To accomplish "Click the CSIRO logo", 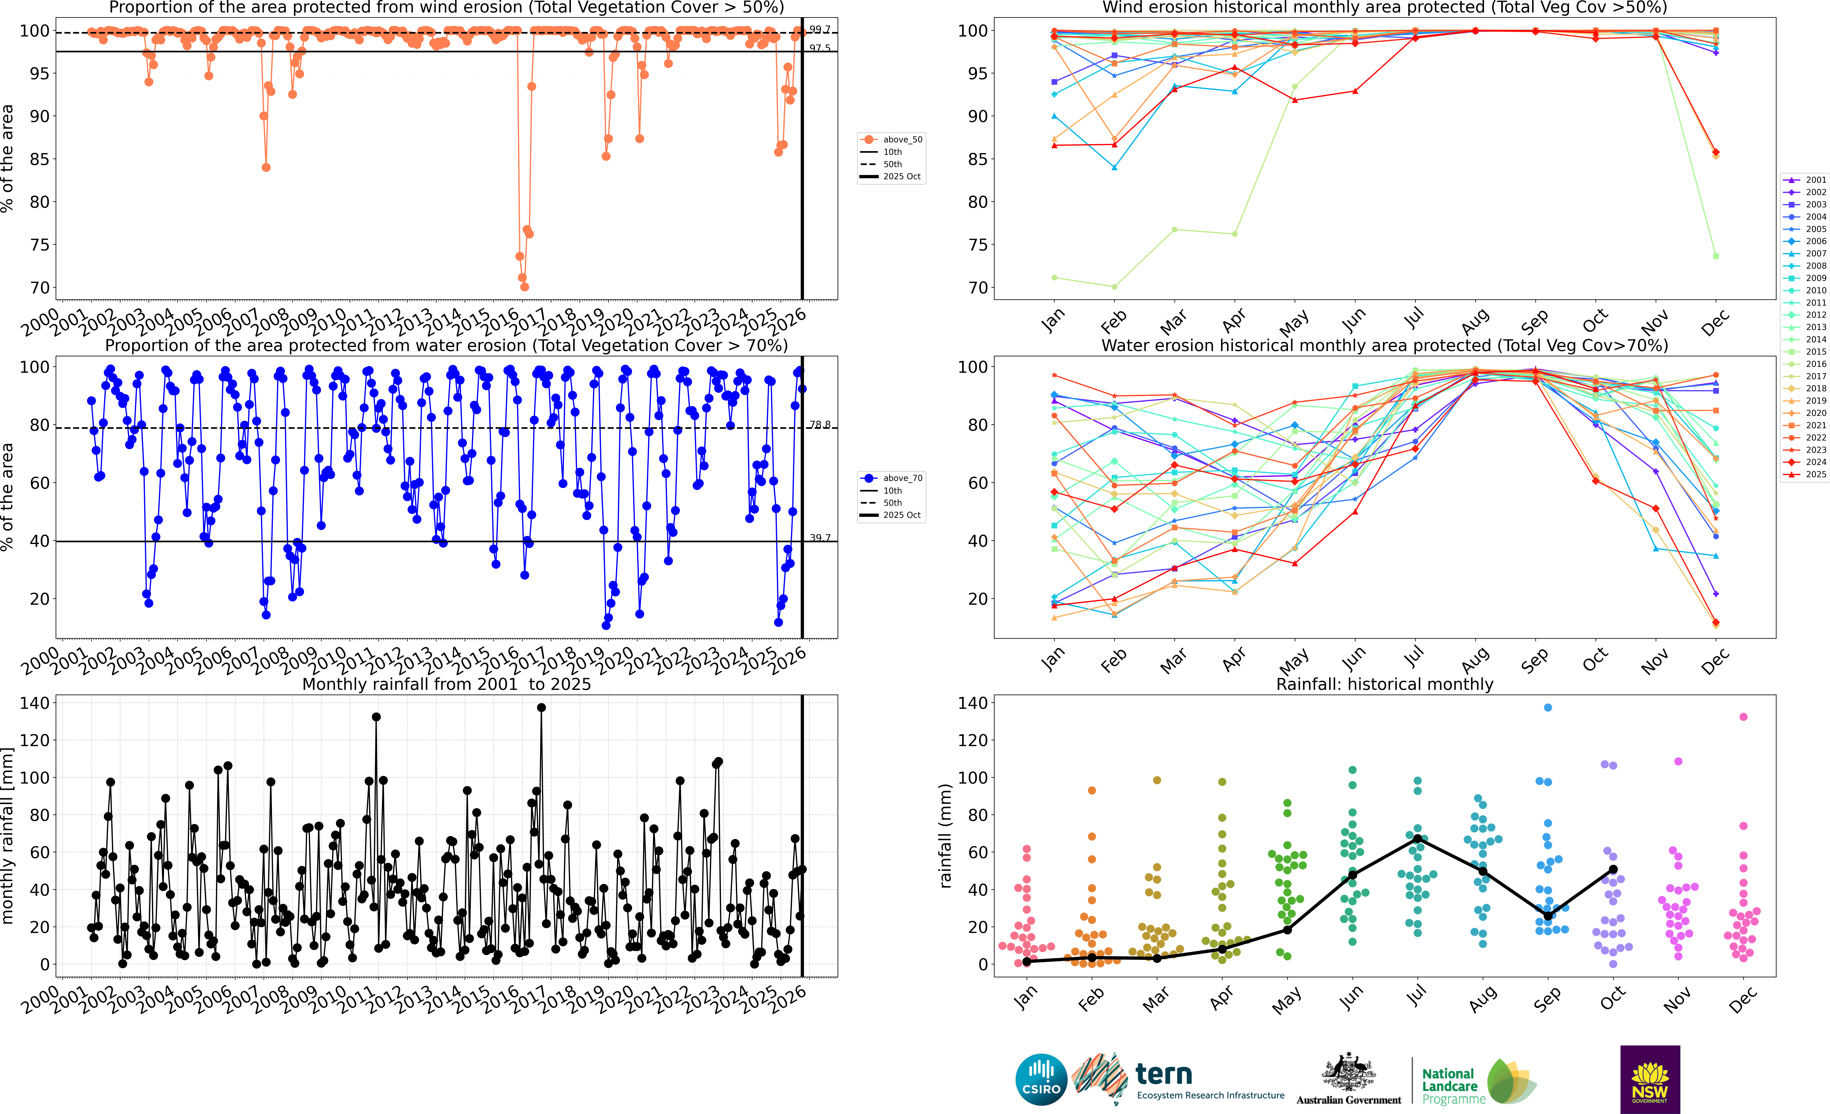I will pos(1040,1079).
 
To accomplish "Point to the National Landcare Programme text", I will pos(1453,1086).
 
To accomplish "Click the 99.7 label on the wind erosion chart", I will pos(819,29).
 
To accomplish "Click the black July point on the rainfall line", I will pos(1418,838).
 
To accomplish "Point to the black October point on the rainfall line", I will pos(1613,870).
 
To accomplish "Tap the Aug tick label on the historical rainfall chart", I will pos(1482,1000).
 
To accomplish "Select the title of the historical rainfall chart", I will pos(1384,684).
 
